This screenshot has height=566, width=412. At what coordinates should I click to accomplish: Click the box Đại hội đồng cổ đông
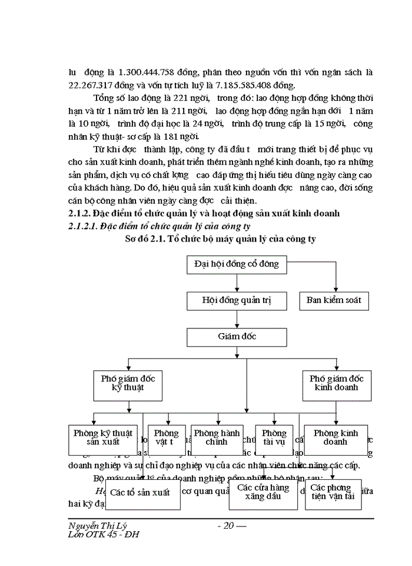[237, 264]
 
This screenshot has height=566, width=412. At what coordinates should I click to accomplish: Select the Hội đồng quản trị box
[237, 301]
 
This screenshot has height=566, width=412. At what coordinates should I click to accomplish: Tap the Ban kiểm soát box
[334, 301]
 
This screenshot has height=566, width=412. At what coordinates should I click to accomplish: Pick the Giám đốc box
[237, 337]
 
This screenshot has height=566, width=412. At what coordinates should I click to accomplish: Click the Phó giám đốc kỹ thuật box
[128, 383]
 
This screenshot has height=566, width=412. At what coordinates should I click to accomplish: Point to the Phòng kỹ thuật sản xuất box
[102, 437]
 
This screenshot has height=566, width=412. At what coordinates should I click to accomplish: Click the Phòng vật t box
[163, 437]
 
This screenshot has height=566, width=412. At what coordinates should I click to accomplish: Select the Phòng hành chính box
[217, 437]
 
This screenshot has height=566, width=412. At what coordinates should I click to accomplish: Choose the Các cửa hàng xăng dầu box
[263, 492]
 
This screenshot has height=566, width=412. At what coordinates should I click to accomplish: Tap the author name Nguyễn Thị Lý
[98, 525]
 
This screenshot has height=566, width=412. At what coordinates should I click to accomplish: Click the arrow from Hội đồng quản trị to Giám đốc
[237, 318]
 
